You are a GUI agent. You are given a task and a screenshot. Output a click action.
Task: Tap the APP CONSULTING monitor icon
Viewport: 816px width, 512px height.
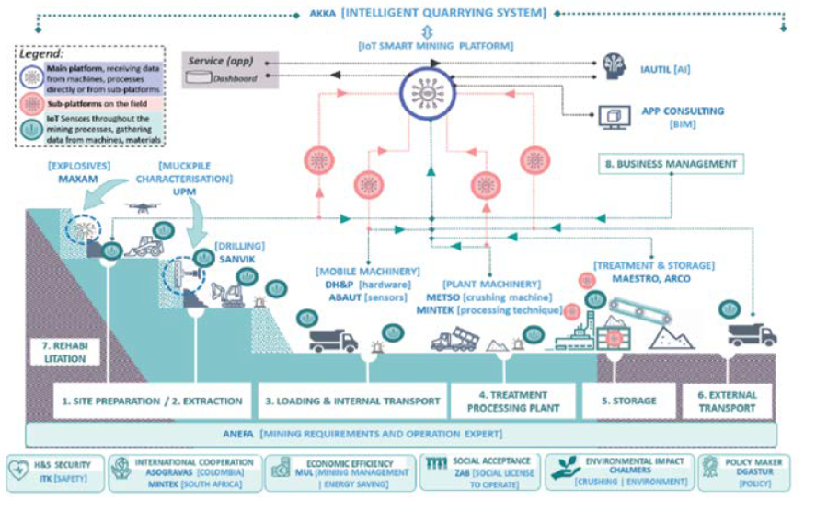point(611,116)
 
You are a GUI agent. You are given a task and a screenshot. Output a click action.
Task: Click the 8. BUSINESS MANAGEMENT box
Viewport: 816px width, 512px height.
point(672,164)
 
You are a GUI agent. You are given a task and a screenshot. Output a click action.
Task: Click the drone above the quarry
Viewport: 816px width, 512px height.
point(145,207)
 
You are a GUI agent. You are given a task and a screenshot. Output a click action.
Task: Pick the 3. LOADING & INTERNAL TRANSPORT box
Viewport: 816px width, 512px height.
point(351,401)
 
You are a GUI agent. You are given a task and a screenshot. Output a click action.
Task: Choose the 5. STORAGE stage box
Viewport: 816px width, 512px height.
point(629,401)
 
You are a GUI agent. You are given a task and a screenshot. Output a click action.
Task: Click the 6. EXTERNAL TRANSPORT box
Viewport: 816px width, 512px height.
point(727,401)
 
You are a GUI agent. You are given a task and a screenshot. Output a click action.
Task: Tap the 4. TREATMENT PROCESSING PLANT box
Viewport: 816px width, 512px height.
point(513,401)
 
